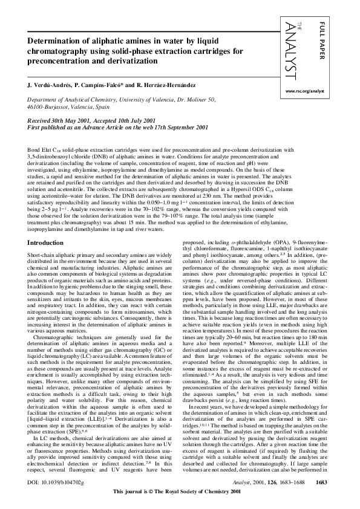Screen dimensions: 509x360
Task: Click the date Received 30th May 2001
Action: tap(61, 120)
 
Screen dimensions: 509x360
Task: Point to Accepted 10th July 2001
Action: tap(130, 120)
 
